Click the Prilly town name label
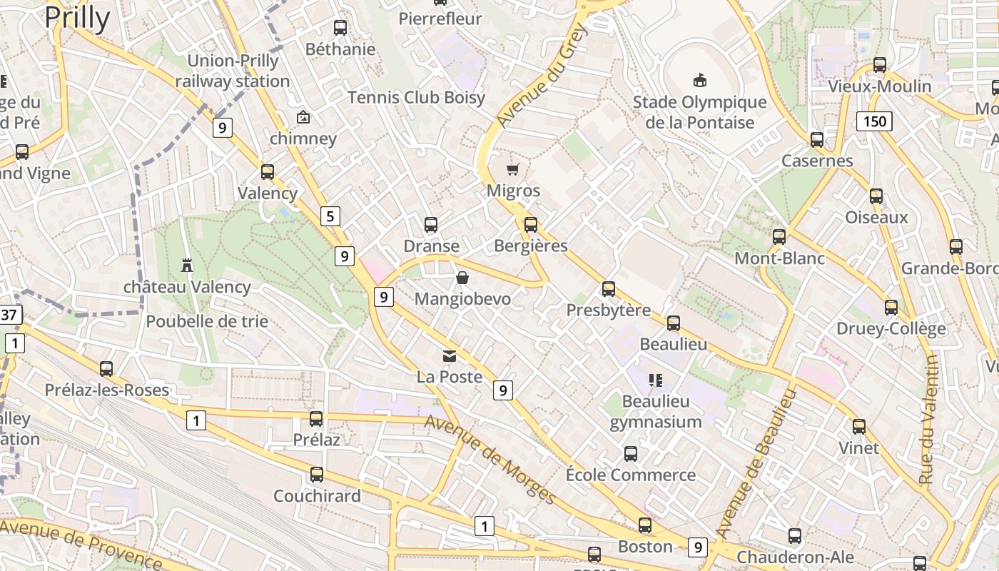point(77,17)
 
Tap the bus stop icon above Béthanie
point(340,28)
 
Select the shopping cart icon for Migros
point(513,169)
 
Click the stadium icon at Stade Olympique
point(699,80)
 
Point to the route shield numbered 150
point(874,121)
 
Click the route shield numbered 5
point(330,216)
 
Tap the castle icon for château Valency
point(187,266)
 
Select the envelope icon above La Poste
point(450,355)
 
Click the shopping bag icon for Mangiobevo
point(462,278)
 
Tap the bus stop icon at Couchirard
point(316,474)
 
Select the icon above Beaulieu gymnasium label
point(655,380)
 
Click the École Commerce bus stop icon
point(631,453)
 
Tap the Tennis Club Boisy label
point(416,98)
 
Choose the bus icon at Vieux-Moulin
point(880,65)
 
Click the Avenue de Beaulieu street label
point(755,464)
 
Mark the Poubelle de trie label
point(207,321)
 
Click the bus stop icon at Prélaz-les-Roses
point(106,369)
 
